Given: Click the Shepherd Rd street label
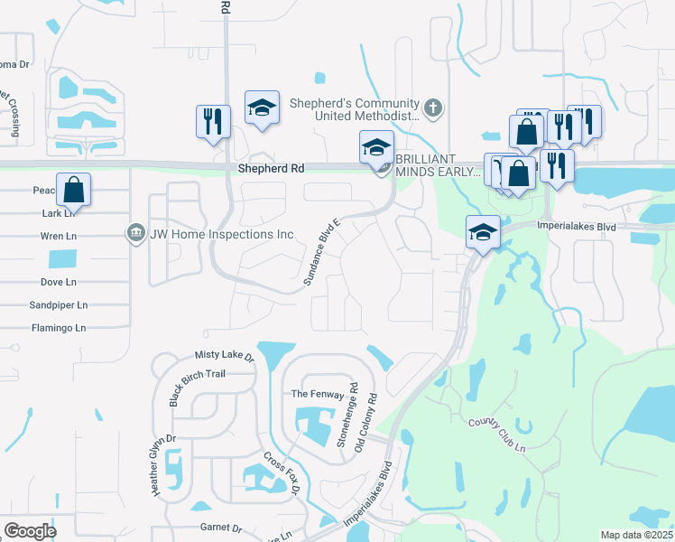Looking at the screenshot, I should [271, 169].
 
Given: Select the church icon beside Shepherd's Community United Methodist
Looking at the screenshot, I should [433, 109].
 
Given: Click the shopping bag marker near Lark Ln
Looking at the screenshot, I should [74, 191].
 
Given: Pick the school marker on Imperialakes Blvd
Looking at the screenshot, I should [483, 233].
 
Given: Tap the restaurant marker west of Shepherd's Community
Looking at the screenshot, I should [213, 121].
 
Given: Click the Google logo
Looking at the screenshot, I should [30, 530].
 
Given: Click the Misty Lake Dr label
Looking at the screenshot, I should [225, 356].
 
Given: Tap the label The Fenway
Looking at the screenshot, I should [312, 395].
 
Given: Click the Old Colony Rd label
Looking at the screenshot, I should [366, 422].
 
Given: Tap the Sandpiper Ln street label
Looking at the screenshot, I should [59, 305].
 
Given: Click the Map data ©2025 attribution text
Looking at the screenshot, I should [636, 535].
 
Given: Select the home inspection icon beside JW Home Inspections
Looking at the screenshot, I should [136, 234].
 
